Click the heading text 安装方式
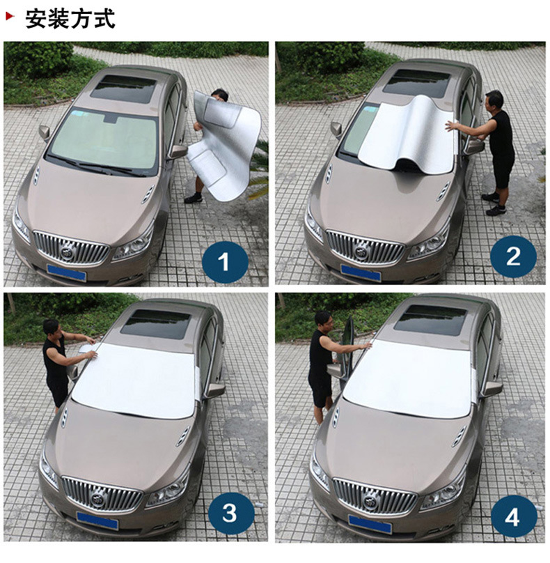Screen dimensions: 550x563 (70, 19)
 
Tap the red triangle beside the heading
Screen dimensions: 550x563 (10, 17)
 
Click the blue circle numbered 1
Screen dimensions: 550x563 (225, 262)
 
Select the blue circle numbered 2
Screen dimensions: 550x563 (513, 257)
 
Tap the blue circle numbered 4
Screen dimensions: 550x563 (514, 518)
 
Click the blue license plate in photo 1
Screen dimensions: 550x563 (66, 272)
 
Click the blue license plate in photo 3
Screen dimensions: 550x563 (97, 520)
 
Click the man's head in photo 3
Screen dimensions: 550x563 (51, 327)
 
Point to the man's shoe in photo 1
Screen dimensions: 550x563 (194, 198)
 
